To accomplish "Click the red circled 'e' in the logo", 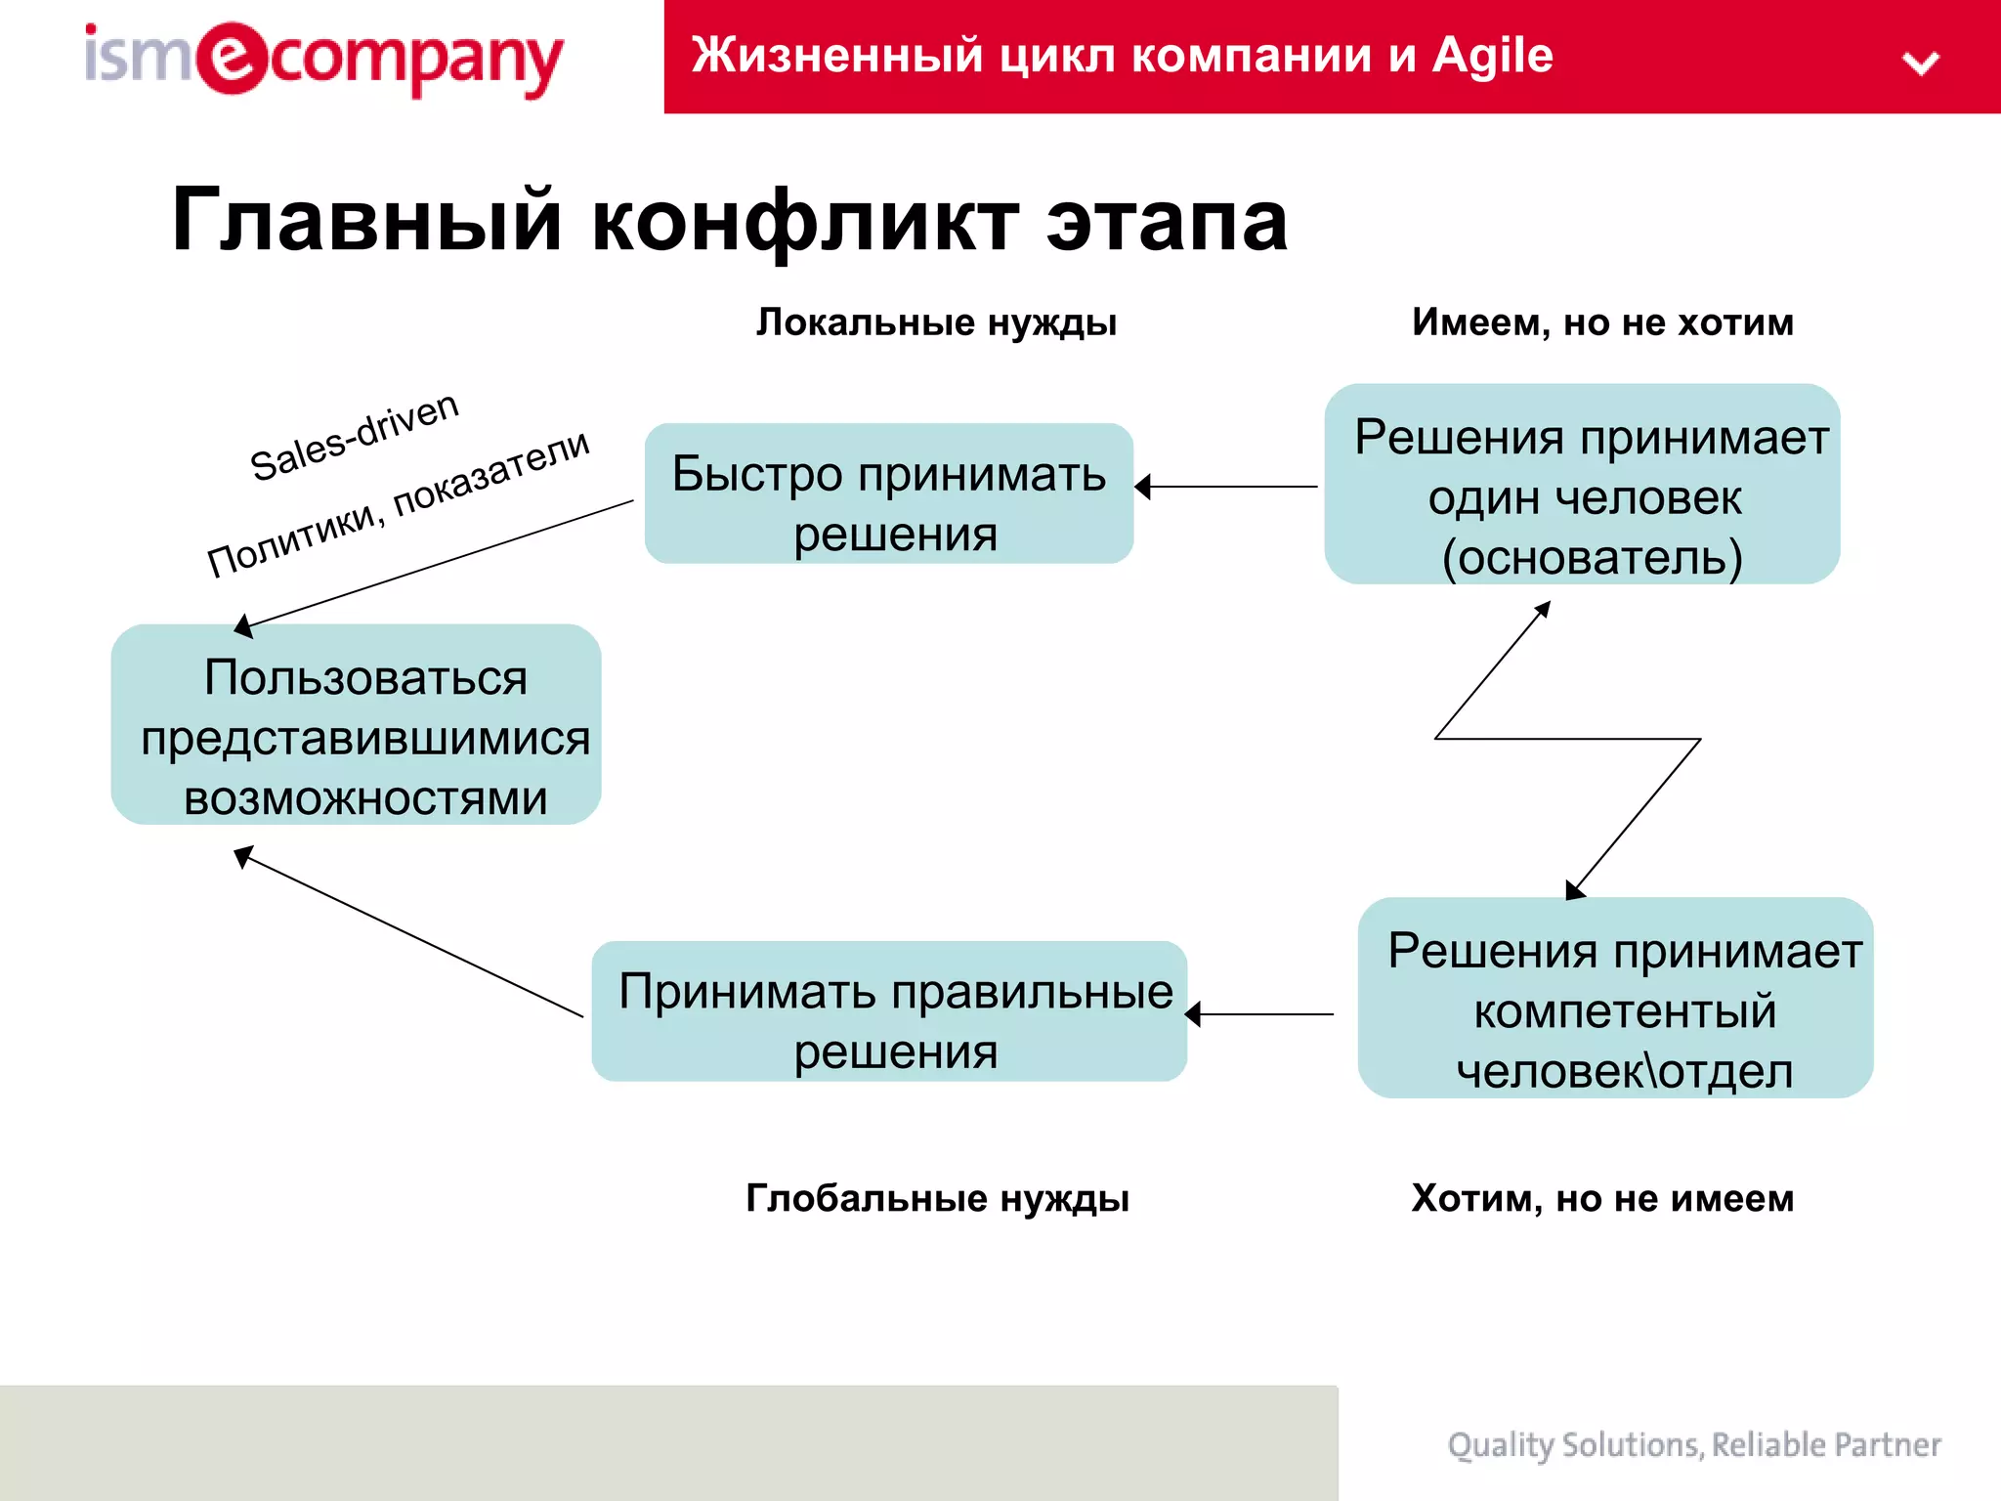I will click(231, 59).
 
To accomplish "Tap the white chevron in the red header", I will click(1920, 64).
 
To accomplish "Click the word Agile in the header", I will click(1492, 55).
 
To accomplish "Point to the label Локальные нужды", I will click(936, 322).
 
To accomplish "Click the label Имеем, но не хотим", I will click(1602, 322).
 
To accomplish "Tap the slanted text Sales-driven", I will click(354, 437).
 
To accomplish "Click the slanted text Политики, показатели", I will click(399, 503).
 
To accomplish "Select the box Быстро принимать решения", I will click(888, 493).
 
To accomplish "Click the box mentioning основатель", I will click(1582, 485).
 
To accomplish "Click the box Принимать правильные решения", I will click(889, 1011).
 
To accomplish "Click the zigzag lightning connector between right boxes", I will click(1567, 739).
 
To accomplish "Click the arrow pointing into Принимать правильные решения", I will click(1260, 1014).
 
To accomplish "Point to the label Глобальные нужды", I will click(936, 1198).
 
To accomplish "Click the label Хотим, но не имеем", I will click(1602, 1198).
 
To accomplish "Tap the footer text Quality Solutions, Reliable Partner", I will click(1693, 1444).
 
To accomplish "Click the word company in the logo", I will click(416, 61).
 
